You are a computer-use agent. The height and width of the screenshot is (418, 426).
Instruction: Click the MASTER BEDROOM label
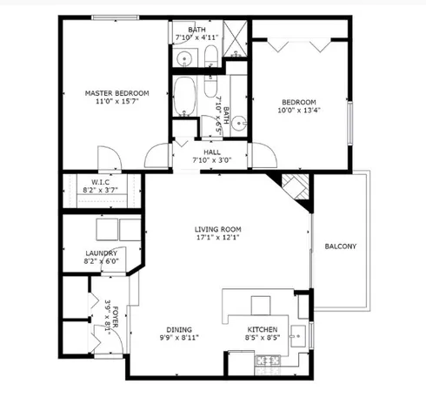116,93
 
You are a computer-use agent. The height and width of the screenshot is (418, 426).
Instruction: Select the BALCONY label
340,246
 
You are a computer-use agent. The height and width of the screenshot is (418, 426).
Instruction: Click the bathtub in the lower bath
185,98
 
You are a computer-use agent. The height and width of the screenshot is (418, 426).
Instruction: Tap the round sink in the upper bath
185,59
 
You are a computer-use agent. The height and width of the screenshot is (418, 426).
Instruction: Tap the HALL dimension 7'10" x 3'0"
210,159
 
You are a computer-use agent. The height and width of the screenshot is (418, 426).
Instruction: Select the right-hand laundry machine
130,230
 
